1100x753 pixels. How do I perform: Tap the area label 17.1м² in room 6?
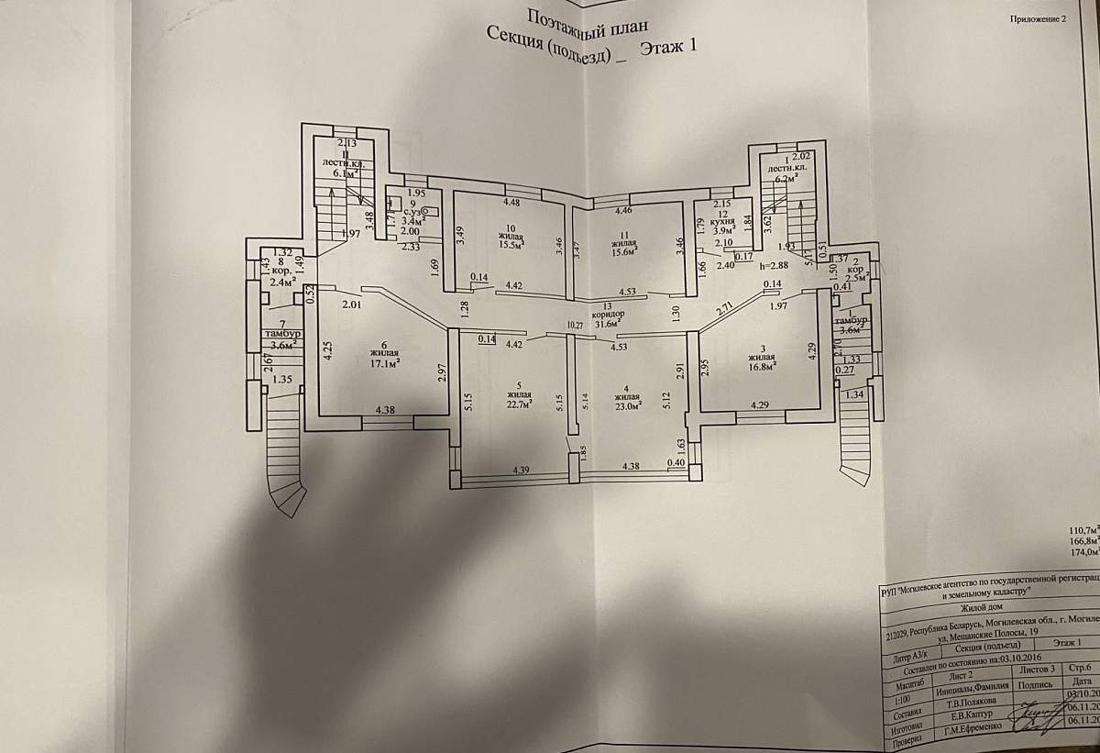(384, 362)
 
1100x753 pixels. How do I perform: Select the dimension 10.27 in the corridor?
(575, 325)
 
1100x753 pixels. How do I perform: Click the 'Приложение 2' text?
(1039, 18)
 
